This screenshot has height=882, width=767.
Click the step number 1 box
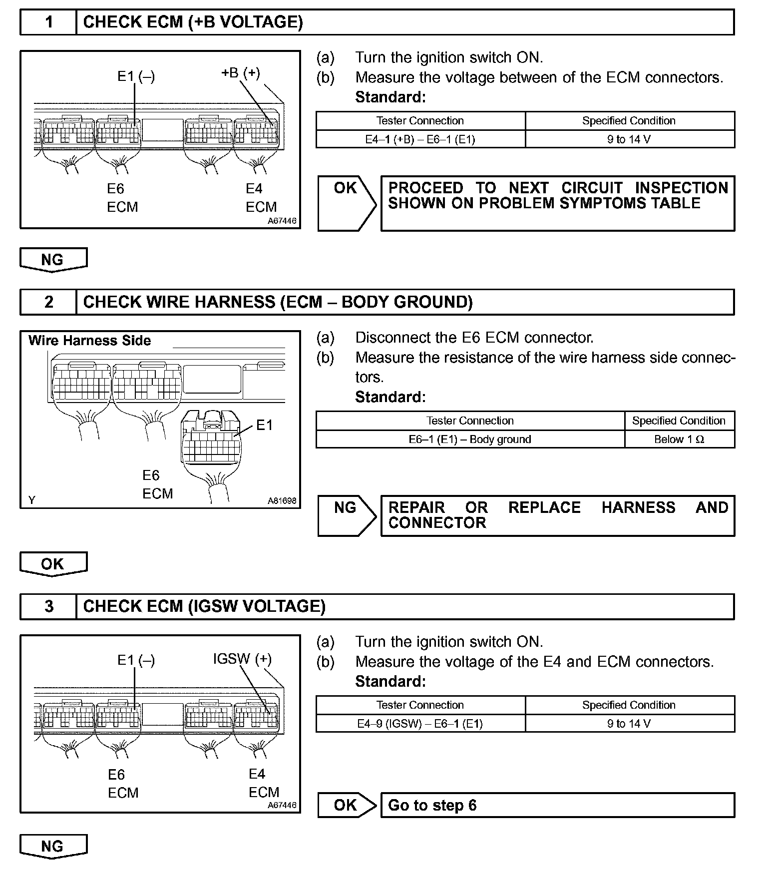pos(48,22)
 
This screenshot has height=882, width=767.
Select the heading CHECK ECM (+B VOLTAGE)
pos(193,22)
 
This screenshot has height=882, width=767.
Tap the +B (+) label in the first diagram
pos(240,73)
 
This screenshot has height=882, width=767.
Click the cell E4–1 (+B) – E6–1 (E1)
pos(420,139)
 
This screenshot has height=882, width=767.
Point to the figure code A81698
pos(282,500)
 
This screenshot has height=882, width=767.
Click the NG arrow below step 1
pos(53,260)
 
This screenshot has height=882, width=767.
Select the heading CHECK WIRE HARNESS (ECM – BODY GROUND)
pos(278,302)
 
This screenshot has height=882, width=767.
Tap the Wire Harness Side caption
pos(89,341)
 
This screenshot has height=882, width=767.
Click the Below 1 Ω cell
pos(679,440)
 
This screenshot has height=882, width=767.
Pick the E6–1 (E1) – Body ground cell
pos(470,440)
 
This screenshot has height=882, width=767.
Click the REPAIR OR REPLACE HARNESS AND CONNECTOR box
pos(557,515)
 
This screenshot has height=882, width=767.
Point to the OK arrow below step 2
pos(53,564)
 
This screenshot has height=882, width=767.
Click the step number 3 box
pos(48,606)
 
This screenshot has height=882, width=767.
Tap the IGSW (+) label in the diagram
pos(242,659)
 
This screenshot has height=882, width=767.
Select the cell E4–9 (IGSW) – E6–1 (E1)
pos(420,724)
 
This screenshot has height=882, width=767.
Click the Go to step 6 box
pos(557,805)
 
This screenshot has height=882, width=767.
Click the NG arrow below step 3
pos(53,846)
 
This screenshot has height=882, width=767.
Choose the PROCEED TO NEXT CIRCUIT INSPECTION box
pos(557,203)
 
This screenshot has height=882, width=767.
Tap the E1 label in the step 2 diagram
pos(264,425)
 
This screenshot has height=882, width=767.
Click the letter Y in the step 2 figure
pos(32,500)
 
